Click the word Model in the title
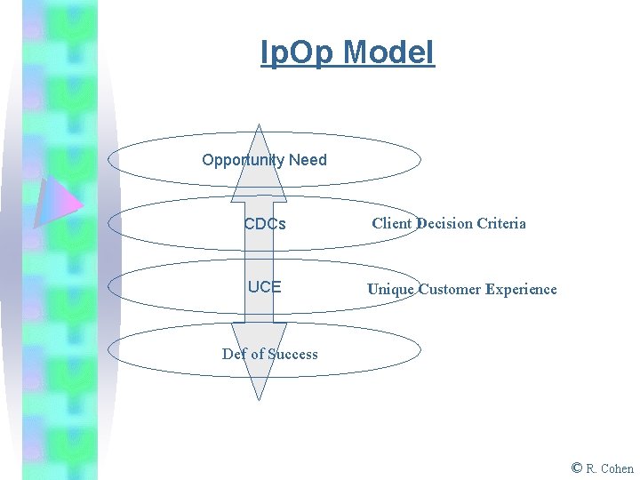pos(389,52)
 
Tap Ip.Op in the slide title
pos(298,52)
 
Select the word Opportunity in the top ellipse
pos(243,160)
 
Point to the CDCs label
pos(265,225)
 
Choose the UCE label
pos(265,287)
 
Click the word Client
pos(392,223)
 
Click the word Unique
pos(390,289)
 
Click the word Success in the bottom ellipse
pos(292,354)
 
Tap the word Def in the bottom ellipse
pos(234,354)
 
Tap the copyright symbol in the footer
pos(577,468)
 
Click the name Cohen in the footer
pos(617,468)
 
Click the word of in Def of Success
pos(257,354)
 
